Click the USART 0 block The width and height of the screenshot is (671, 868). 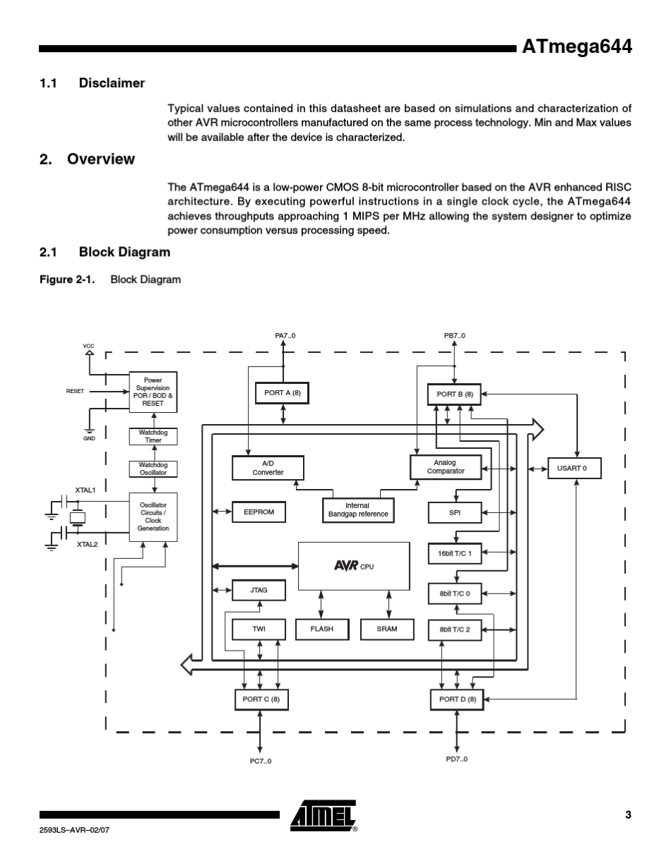pyautogui.click(x=574, y=469)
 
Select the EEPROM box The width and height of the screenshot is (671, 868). pyautogui.click(x=259, y=512)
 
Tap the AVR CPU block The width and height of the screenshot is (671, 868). pyautogui.click(x=354, y=566)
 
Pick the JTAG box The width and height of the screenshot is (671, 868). pyautogui.click(x=259, y=590)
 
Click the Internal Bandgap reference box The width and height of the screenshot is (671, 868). pyautogui.click(x=357, y=510)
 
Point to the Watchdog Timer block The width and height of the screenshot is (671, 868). pyautogui.click(x=153, y=437)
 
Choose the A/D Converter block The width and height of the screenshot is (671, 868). pyautogui.click(x=268, y=469)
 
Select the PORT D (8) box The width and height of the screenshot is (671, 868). pyautogui.click(x=457, y=699)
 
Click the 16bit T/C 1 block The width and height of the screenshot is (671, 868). pyautogui.click(x=455, y=554)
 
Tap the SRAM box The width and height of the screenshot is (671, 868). pyautogui.click(x=387, y=629)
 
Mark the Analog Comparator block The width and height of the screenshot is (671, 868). pyautogui.click(x=446, y=467)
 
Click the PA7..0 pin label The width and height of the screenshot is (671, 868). pyautogui.click(x=285, y=336)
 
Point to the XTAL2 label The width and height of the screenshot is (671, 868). pyautogui.click(x=87, y=544)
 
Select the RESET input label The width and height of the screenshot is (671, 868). pyautogui.click(x=75, y=391)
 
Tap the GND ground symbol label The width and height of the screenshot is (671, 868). pyautogui.click(x=89, y=438)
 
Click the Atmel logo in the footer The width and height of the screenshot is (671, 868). pyautogui.click(x=323, y=816)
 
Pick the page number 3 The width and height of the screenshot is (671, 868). pyautogui.click(x=628, y=815)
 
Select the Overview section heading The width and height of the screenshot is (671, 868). pyautogui.click(x=100, y=159)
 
